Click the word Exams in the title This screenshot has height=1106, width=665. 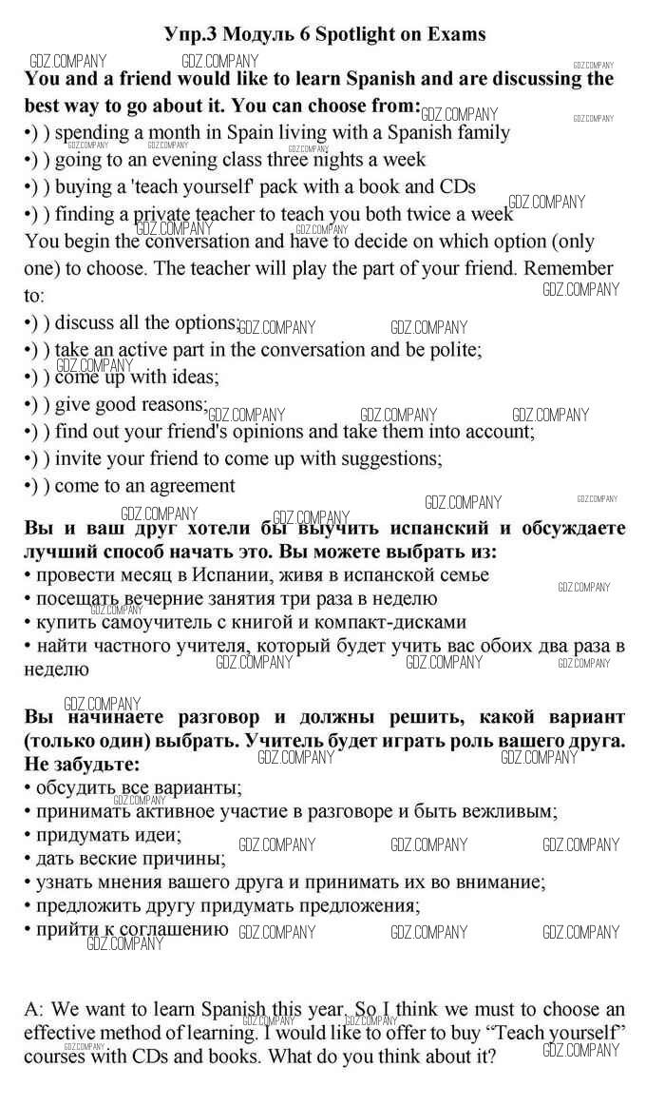pos(454,34)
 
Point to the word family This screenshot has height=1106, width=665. pos(474,133)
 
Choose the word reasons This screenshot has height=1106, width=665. pos(173,404)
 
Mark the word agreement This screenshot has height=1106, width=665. pos(188,486)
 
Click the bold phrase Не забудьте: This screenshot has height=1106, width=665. pos(81,764)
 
